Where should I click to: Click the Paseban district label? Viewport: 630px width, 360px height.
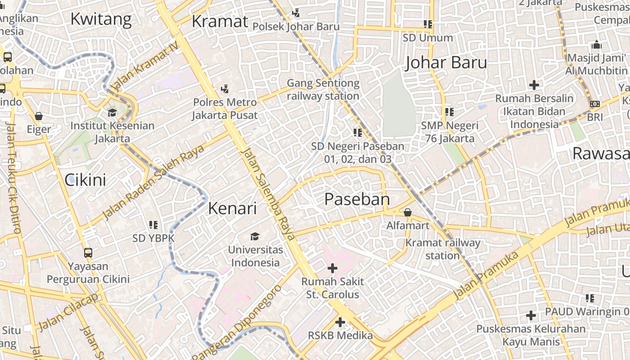coord(357,199)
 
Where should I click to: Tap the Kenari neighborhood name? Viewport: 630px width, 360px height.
coord(232,208)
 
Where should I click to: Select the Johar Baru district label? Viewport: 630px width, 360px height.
coord(446,63)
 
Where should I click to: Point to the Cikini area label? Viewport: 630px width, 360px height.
coord(85,180)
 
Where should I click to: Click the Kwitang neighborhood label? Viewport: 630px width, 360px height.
coord(101,19)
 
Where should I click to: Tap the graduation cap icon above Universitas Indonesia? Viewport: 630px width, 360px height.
coord(255,236)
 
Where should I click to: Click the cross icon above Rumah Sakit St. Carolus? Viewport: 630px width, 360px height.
coord(332,269)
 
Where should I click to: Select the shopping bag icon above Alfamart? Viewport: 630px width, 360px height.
coord(408,212)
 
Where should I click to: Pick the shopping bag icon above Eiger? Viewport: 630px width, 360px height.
coord(39,116)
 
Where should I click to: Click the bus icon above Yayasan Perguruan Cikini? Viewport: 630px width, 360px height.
coord(88,253)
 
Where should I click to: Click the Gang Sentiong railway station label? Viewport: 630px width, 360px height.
coord(323,90)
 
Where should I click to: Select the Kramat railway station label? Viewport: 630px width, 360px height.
coord(443,249)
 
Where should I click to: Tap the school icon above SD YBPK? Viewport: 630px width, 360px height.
coord(153,225)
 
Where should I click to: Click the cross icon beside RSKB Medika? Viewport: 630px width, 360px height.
coord(340,322)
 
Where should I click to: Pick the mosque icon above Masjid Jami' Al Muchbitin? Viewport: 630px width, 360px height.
coord(597,45)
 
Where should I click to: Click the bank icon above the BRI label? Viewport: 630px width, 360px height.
coord(594,104)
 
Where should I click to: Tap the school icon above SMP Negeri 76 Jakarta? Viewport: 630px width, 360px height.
coord(449,112)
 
